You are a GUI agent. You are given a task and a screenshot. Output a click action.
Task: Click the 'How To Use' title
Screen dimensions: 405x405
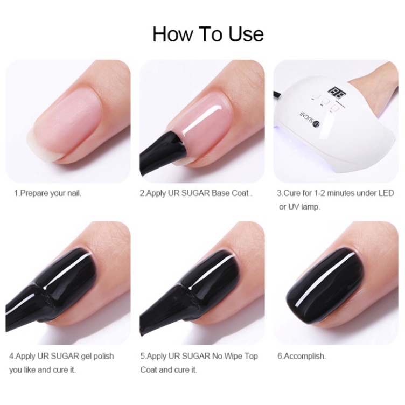coord(208,33)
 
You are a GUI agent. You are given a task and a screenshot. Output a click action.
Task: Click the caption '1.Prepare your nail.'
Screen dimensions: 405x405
coord(47,193)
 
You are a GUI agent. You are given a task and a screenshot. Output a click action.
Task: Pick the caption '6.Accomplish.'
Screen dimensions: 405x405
coord(301,356)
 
